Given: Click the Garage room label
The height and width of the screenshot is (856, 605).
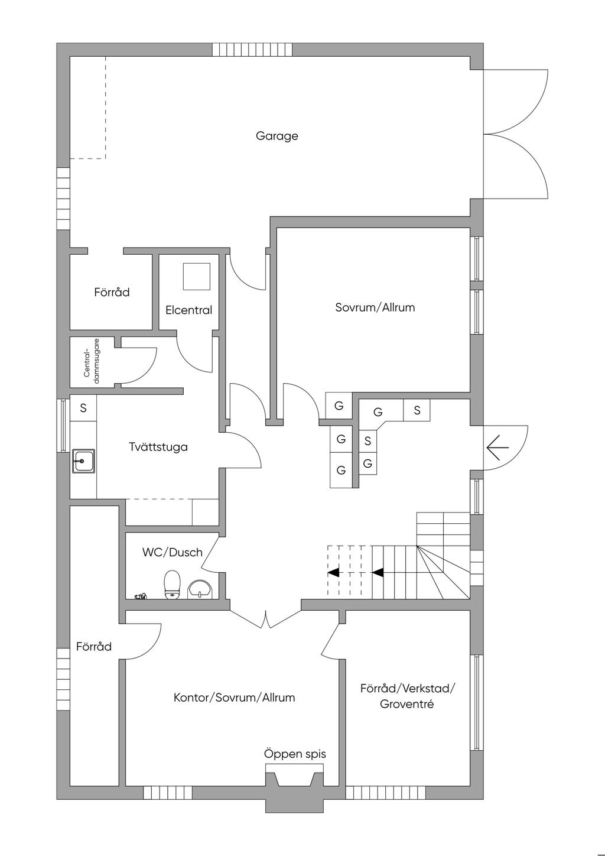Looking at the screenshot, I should point(277,136).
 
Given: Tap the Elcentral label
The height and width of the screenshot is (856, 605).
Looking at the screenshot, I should point(188,310).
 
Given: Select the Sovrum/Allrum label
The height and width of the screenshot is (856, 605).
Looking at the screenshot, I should point(375,307).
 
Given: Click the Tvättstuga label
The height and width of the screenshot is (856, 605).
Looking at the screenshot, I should point(158,447).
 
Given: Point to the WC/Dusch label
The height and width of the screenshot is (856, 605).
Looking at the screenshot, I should point(172,553).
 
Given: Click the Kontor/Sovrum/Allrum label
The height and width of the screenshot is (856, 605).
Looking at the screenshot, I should point(234,698).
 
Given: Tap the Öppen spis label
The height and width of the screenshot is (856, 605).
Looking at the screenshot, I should point(294,754).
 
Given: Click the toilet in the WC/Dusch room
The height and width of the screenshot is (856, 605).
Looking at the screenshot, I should point(172,584).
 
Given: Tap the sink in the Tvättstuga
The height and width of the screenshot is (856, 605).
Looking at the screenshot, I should point(83,460).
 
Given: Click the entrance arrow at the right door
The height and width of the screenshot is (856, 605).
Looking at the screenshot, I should point(497,448).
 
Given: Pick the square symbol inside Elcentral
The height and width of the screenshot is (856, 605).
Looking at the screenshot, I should point(196,277).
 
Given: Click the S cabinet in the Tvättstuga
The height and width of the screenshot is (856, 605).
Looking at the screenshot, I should point(83,408).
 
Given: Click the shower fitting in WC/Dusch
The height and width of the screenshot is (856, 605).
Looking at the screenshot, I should point(141,596).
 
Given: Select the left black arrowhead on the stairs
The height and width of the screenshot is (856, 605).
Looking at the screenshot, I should point(334,572).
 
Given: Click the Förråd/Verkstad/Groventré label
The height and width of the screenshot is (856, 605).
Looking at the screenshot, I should point(408,696).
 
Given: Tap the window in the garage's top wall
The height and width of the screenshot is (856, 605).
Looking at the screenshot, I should point(252,50).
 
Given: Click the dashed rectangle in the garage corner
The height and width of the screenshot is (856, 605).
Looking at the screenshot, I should point(88,108).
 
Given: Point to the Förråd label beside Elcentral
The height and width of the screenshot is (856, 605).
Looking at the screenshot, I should point(112,293).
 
